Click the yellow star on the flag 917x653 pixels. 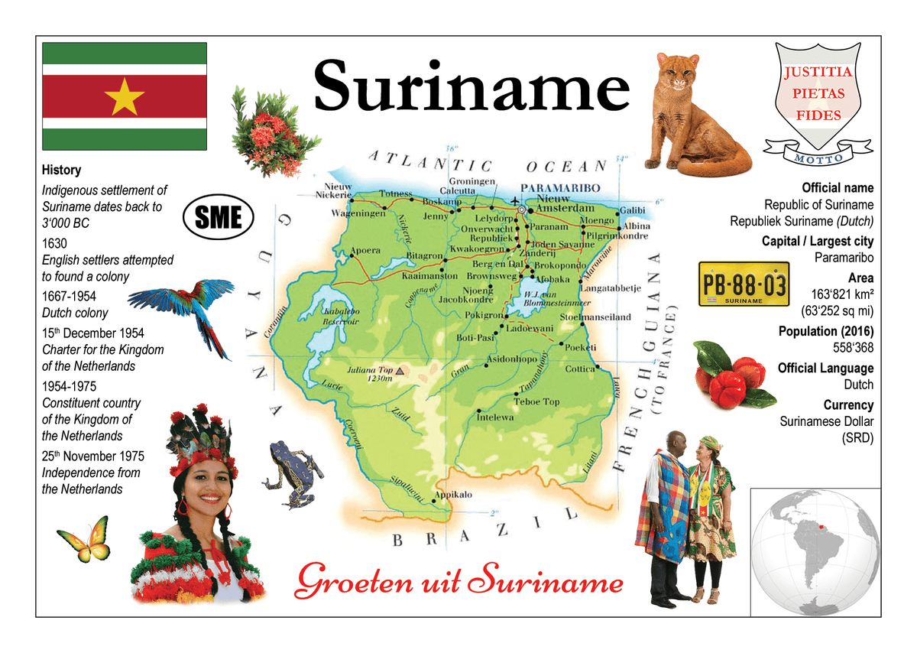pyautogui.click(x=124, y=96)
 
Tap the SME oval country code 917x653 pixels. pyautogui.click(x=219, y=218)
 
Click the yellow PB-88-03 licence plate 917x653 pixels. pyautogui.click(x=744, y=284)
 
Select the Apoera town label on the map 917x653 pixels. pyautogui.click(x=366, y=249)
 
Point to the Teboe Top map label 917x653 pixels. pyautogui.click(x=536, y=401)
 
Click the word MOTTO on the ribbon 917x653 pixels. pyautogui.click(x=818, y=158)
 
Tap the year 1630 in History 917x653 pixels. pyautogui.click(x=54, y=244)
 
